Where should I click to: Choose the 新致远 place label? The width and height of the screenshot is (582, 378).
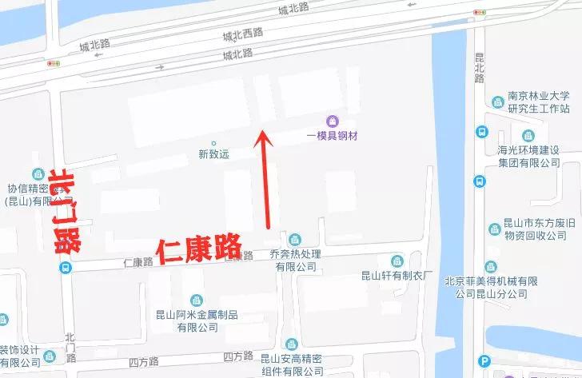[213, 154]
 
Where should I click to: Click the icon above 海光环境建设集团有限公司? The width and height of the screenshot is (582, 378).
[528, 135]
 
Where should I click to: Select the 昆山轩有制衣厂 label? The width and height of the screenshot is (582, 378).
[397, 276]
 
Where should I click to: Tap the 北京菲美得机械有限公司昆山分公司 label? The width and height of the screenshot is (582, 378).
[526, 288]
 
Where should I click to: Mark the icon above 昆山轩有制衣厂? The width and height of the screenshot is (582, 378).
[397, 261]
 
